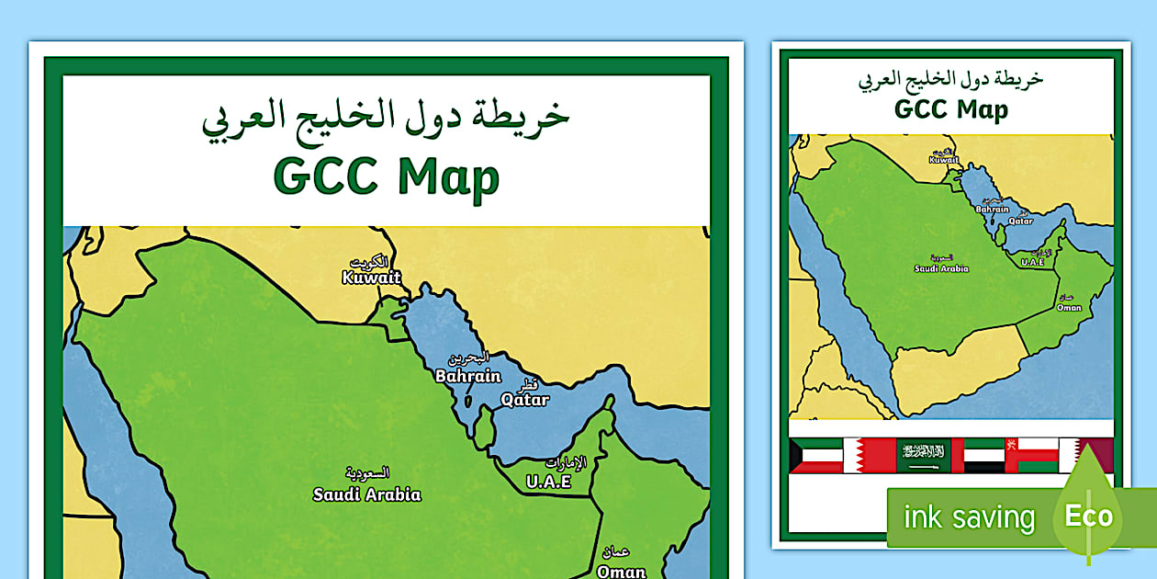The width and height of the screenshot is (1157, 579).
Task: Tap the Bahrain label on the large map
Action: [x=468, y=376]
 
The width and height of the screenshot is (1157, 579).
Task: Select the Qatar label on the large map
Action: [x=525, y=400]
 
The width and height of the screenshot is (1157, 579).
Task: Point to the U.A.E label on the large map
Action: [x=549, y=481]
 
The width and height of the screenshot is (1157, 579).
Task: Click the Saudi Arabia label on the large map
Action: [x=366, y=494]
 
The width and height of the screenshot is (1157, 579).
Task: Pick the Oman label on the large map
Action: [x=622, y=571]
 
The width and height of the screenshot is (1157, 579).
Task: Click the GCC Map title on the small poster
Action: [x=951, y=109]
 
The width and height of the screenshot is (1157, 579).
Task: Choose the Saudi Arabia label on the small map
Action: [x=941, y=268]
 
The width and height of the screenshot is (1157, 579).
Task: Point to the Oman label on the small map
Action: [x=1069, y=307]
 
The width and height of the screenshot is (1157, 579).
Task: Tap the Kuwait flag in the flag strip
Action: [x=815, y=455]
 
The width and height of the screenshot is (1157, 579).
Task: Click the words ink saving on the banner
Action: [x=969, y=517]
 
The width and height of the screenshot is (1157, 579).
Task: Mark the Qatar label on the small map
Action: [x=1020, y=221]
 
